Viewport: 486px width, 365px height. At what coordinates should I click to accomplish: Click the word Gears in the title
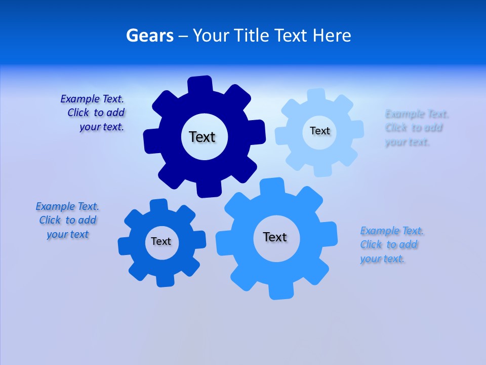tap(150, 36)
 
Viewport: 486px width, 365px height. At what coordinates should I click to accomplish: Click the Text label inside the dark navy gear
tap(202, 137)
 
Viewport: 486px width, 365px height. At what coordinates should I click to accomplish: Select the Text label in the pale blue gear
tap(319, 131)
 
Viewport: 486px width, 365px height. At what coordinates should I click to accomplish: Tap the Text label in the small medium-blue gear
tap(161, 241)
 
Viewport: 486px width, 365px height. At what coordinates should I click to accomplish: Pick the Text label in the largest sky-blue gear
tap(275, 237)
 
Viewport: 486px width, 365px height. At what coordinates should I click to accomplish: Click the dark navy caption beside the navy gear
tap(94, 113)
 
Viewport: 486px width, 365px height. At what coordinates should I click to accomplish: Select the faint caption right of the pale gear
tap(415, 128)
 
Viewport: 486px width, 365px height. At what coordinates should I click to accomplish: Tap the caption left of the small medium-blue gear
tap(67, 221)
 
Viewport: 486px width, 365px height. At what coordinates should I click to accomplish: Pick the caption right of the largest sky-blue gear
tap(391, 245)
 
